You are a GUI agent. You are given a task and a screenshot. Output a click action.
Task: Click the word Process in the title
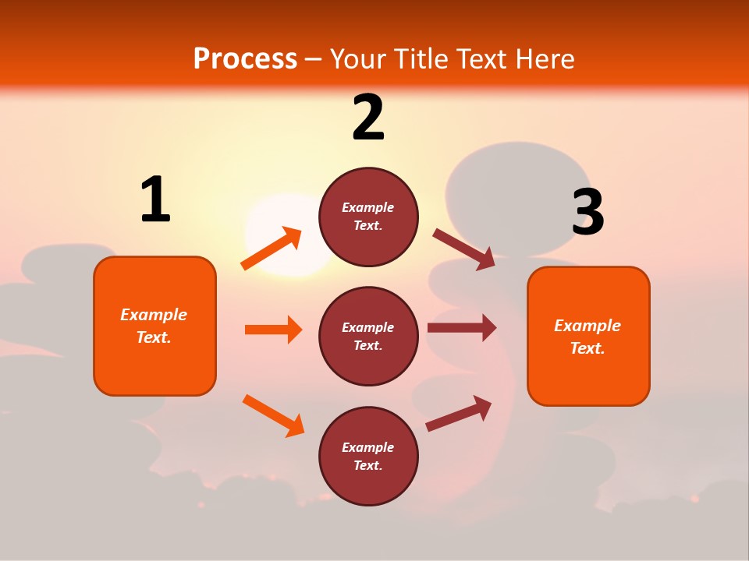tap(245, 58)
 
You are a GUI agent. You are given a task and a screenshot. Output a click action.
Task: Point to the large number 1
tap(155, 200)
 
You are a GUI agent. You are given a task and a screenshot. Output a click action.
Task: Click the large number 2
tap(368, 118)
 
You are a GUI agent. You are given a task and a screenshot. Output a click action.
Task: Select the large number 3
tap(588, 213)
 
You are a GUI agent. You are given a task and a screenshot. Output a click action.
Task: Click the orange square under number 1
tap(154, 326)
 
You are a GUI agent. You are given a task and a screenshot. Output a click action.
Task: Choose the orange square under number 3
tap(588, 336)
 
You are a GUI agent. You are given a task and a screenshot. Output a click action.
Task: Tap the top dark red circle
tap(368, 217)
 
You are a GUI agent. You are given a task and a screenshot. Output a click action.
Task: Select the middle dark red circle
tap(368, 336)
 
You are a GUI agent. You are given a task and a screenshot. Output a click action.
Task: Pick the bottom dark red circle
tap(368, 456)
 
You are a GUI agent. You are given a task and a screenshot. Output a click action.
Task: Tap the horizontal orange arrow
tap(273, 330)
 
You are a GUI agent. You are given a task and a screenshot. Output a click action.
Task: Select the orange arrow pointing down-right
tap(273, 415)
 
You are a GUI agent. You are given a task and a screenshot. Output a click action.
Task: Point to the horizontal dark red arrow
tap(462, 327)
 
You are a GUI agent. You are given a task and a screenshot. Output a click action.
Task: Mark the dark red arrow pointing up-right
tap(459, 414)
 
